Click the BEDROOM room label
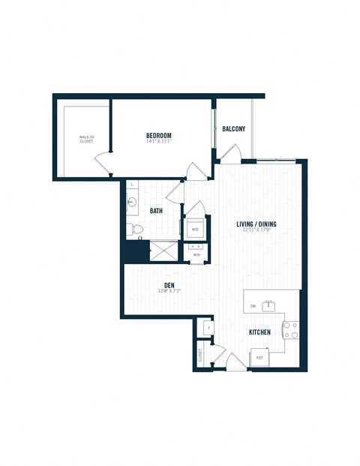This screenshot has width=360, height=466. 159,136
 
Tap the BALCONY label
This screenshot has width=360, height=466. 233,129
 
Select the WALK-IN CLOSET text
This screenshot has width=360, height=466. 86,140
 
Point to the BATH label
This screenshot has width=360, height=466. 156,211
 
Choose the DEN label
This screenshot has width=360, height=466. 170,284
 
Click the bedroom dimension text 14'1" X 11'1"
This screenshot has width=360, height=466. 159,143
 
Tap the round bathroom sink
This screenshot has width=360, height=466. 133,202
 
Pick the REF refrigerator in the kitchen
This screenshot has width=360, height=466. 259,358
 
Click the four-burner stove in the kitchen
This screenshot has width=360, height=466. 289,329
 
